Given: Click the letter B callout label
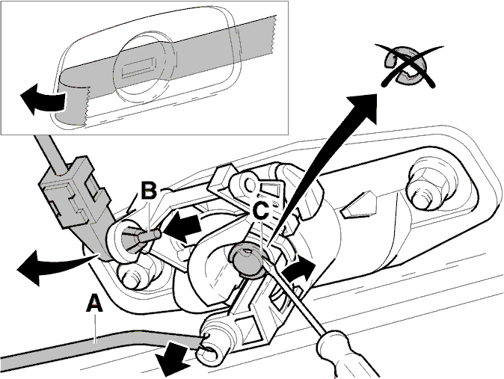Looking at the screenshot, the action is [149, 191].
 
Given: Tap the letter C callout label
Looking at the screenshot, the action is [260, 211].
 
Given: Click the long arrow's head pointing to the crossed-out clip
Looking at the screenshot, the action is [363, 105].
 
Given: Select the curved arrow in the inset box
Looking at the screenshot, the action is [43, 98].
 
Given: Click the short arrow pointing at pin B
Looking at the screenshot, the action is [182, 227].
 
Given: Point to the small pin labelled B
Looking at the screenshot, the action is [150, 237].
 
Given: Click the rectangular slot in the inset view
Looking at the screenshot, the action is [140, 67].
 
